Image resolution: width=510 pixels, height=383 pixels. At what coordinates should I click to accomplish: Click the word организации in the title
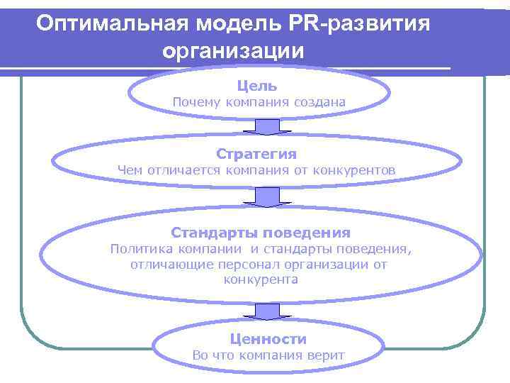point(233,51)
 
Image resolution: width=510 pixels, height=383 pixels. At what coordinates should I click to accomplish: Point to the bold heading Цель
point(257,86)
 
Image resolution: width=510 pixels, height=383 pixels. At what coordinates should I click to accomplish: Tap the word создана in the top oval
point(321,102)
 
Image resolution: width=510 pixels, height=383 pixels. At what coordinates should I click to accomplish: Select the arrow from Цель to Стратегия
point(267,127)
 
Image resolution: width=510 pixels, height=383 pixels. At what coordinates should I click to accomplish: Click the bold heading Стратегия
point(256,154)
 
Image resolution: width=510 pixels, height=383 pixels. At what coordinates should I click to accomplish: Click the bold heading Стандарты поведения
point(261,233)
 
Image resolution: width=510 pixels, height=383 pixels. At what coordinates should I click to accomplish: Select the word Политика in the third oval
point(138,249)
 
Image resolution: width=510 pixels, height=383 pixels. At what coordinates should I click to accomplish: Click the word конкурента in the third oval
point(261,279)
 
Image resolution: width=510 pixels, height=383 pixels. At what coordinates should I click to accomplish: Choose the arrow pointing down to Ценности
point(267,311)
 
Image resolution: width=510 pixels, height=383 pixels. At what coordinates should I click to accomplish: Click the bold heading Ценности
point(268,339)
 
